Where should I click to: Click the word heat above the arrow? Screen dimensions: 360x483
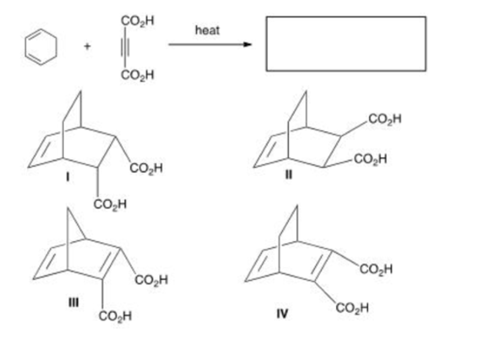(207, 30)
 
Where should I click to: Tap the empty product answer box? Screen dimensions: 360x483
(346, 44)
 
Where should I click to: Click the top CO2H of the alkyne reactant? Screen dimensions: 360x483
(138, 21)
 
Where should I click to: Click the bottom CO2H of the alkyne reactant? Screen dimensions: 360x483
(138, 74)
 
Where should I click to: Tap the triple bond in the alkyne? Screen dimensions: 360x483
(125, 48)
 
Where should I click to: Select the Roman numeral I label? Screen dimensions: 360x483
(68, 177)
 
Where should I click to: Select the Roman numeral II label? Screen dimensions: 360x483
(288, 175)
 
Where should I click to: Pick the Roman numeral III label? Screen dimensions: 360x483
(73, 303)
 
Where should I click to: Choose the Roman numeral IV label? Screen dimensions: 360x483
(282, 314)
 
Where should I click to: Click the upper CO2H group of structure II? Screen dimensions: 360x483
(385, 119)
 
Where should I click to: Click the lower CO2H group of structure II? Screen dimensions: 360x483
(370, 159)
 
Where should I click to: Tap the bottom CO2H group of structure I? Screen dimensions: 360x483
(110, 204)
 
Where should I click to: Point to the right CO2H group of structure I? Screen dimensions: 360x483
(146, 168)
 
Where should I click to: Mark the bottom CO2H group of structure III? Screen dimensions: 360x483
(115, 316)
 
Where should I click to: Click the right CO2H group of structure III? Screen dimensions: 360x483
(151, 280)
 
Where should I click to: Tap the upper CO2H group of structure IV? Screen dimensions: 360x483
(376, 269)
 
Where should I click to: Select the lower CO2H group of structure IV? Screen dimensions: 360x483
(352, 308)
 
